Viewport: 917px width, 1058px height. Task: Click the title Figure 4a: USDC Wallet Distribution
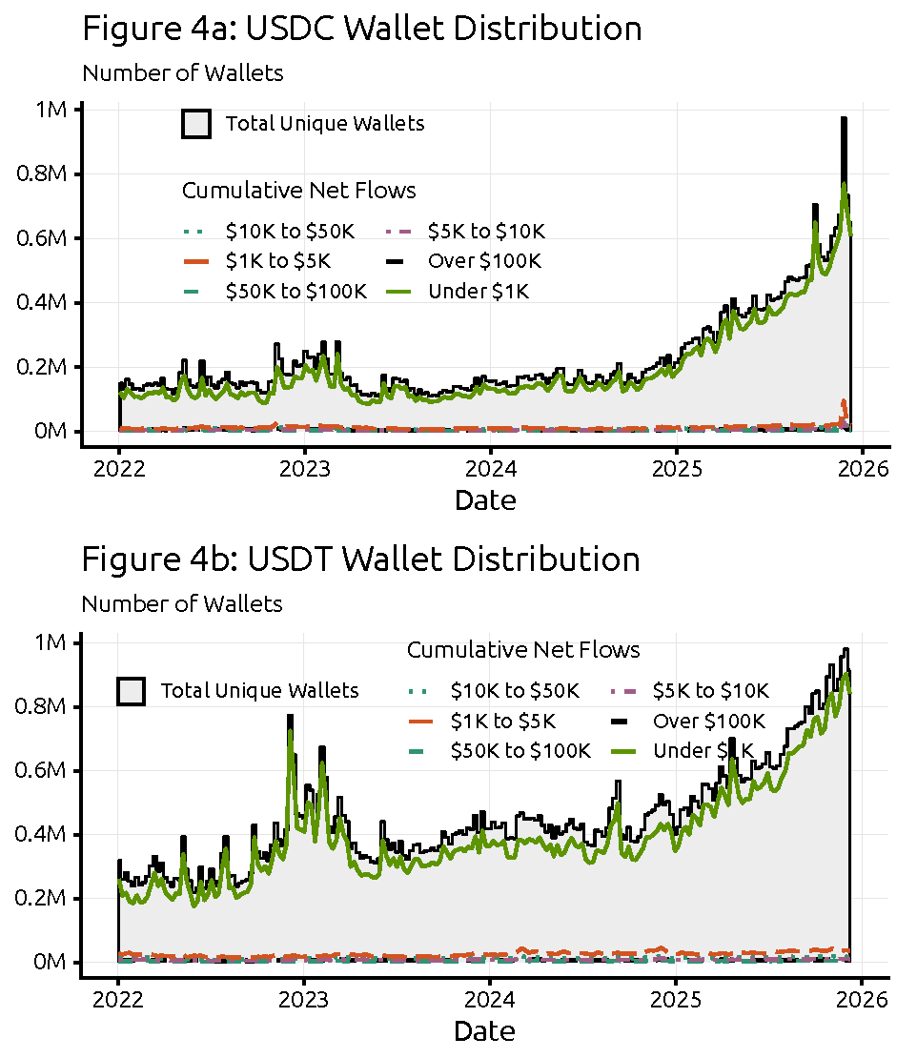click(361, 29)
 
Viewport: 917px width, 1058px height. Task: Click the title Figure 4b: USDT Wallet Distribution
click(360, 560)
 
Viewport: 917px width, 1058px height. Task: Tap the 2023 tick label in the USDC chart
click(304, 468)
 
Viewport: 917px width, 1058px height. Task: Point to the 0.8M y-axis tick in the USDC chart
click(44, 174)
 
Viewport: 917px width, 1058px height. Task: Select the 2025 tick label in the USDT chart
click(676, 999)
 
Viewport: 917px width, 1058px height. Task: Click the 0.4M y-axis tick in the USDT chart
click(44, 835)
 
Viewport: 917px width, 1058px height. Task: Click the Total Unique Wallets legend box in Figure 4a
click(196, 124)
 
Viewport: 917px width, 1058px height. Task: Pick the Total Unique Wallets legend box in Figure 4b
click(131, 691)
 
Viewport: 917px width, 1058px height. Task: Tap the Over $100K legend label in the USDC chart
click(486, 261)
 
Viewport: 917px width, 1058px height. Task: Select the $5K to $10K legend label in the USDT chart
click(710, 690)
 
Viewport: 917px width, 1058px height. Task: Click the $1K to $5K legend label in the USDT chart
click(502, 721)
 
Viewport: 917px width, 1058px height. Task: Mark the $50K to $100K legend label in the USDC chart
click(295, 292)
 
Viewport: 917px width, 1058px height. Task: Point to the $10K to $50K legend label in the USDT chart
click(514, 690)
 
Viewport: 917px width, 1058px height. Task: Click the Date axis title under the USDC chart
click(485, 499)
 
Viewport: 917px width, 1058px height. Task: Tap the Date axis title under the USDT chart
click(485, 1030)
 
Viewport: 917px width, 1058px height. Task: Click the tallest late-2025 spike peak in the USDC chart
click(844, 119)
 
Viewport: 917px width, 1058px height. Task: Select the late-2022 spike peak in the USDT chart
click(290, 717)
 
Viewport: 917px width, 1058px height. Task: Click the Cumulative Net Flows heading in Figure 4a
click(298, 191)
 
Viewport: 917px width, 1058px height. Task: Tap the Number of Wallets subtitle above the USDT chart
click(181, 603)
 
